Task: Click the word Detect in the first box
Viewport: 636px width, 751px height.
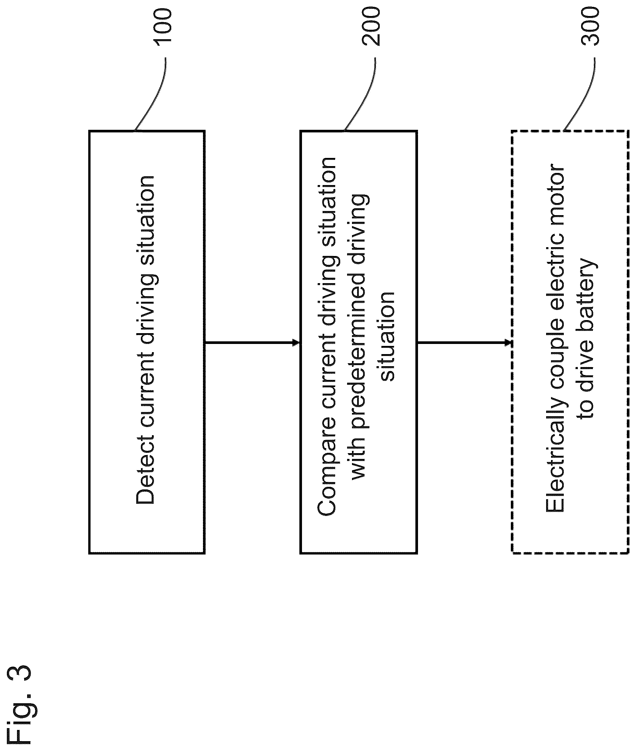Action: coord(145,469)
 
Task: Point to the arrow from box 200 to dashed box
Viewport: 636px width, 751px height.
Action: coord(465,342)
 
